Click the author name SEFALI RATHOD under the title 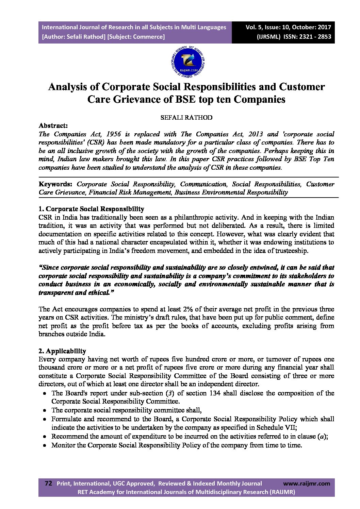(186, 117)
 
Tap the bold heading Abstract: (53, 125)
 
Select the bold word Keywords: (55, 184)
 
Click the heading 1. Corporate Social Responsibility (91, 209)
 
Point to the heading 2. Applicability (62, 351)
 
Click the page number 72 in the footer (48, 483)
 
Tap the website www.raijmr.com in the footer (307, 483)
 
